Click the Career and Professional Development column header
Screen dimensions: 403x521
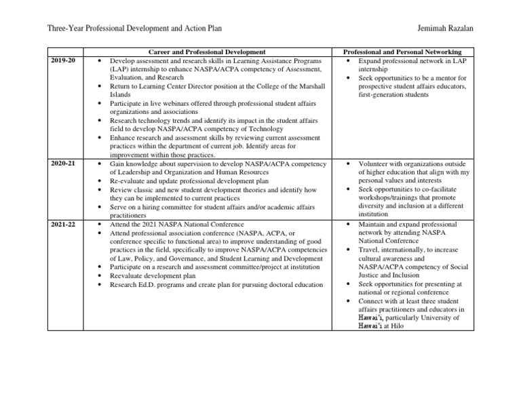(206, 52)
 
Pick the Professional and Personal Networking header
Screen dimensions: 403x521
(402, 52)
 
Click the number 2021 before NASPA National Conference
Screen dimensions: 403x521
(144, 223)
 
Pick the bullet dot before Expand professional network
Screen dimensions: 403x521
(347, 61)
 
